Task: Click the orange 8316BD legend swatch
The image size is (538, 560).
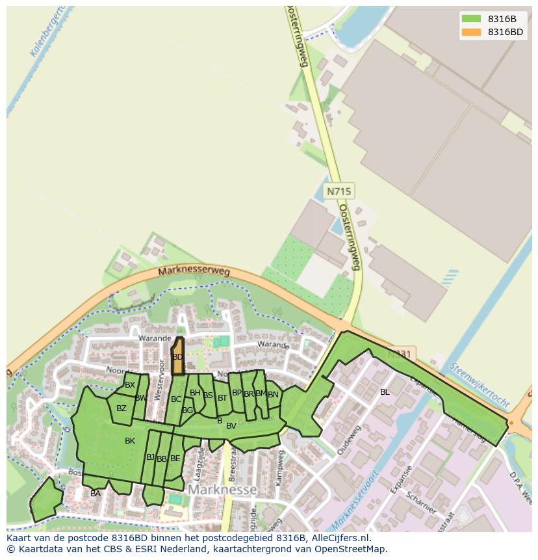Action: (x=472, y=32)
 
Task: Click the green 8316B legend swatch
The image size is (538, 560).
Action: (x=472, y=19)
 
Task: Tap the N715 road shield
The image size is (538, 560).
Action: (x=339, y=191)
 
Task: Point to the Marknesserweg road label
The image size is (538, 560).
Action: (x=194, y=272)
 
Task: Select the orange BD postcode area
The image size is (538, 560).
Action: (x=177, y=356)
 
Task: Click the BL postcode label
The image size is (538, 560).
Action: (x=385, y=392)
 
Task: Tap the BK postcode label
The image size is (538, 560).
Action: (x=130, y=441)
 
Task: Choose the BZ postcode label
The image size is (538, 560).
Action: (x=122, y=408)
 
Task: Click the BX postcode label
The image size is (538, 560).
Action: (x=130, y=385)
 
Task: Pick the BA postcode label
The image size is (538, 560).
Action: (x=96, y=494)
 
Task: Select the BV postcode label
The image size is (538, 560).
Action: (x=231, y=426)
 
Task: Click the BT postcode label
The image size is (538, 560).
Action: (x=222, y=397)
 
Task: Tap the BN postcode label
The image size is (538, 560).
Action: (x=273, y=394)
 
